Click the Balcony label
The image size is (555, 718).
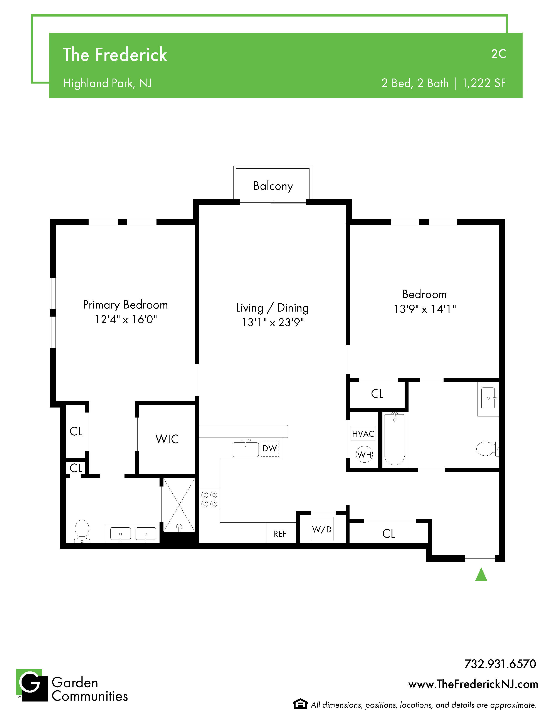[273, 186]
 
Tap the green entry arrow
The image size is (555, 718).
[481, 574]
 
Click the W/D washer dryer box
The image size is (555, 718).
[321, 529]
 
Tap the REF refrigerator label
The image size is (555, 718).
[280, 534]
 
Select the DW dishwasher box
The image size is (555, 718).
[270, 448]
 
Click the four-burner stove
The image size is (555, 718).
[209, 499]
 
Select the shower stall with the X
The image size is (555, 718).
[179, 505]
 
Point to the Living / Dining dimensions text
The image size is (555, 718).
[272, 322]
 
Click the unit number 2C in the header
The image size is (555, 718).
[498, 54]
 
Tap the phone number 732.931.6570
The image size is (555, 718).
[500, 664]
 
